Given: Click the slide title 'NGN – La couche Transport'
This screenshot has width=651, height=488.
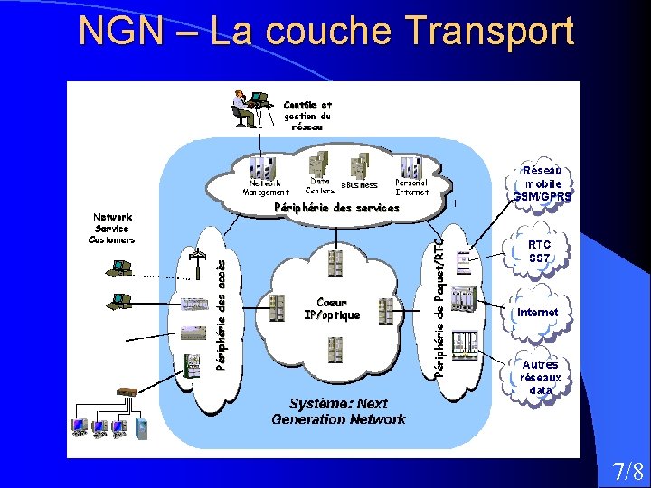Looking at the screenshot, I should [x=325, y=31].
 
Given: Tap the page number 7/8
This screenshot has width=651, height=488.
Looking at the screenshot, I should [x=627, y=471].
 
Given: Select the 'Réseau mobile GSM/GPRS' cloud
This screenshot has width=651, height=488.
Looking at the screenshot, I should [x=542, y=183].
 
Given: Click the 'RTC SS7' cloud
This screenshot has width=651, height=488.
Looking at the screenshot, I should [x=540, y=250].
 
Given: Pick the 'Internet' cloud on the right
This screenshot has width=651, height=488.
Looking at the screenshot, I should [x=538, y=313].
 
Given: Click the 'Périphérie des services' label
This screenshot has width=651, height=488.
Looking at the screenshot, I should [x=336, y=208].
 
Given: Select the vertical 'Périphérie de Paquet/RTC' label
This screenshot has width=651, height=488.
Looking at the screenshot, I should [x=439, y=307].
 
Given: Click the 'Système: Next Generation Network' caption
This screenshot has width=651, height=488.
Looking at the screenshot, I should [x=338, y=411].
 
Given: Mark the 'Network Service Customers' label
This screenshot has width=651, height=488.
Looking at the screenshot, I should [x=112, y=229].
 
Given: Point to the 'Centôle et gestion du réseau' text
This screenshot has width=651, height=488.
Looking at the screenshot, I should [x=307, y=116].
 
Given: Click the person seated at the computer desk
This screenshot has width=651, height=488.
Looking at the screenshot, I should [x=244, y=108].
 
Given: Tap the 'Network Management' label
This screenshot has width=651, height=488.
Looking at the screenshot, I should [x=266, y=187].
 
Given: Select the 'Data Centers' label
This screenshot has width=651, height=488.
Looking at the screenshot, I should [x=320, y=186].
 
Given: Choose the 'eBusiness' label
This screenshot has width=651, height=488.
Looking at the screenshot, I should [x=359, y=185].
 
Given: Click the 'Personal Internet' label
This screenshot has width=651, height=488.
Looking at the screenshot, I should [x=411, y=187].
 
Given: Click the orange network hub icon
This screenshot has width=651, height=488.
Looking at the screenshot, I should [x=127, y=392].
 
